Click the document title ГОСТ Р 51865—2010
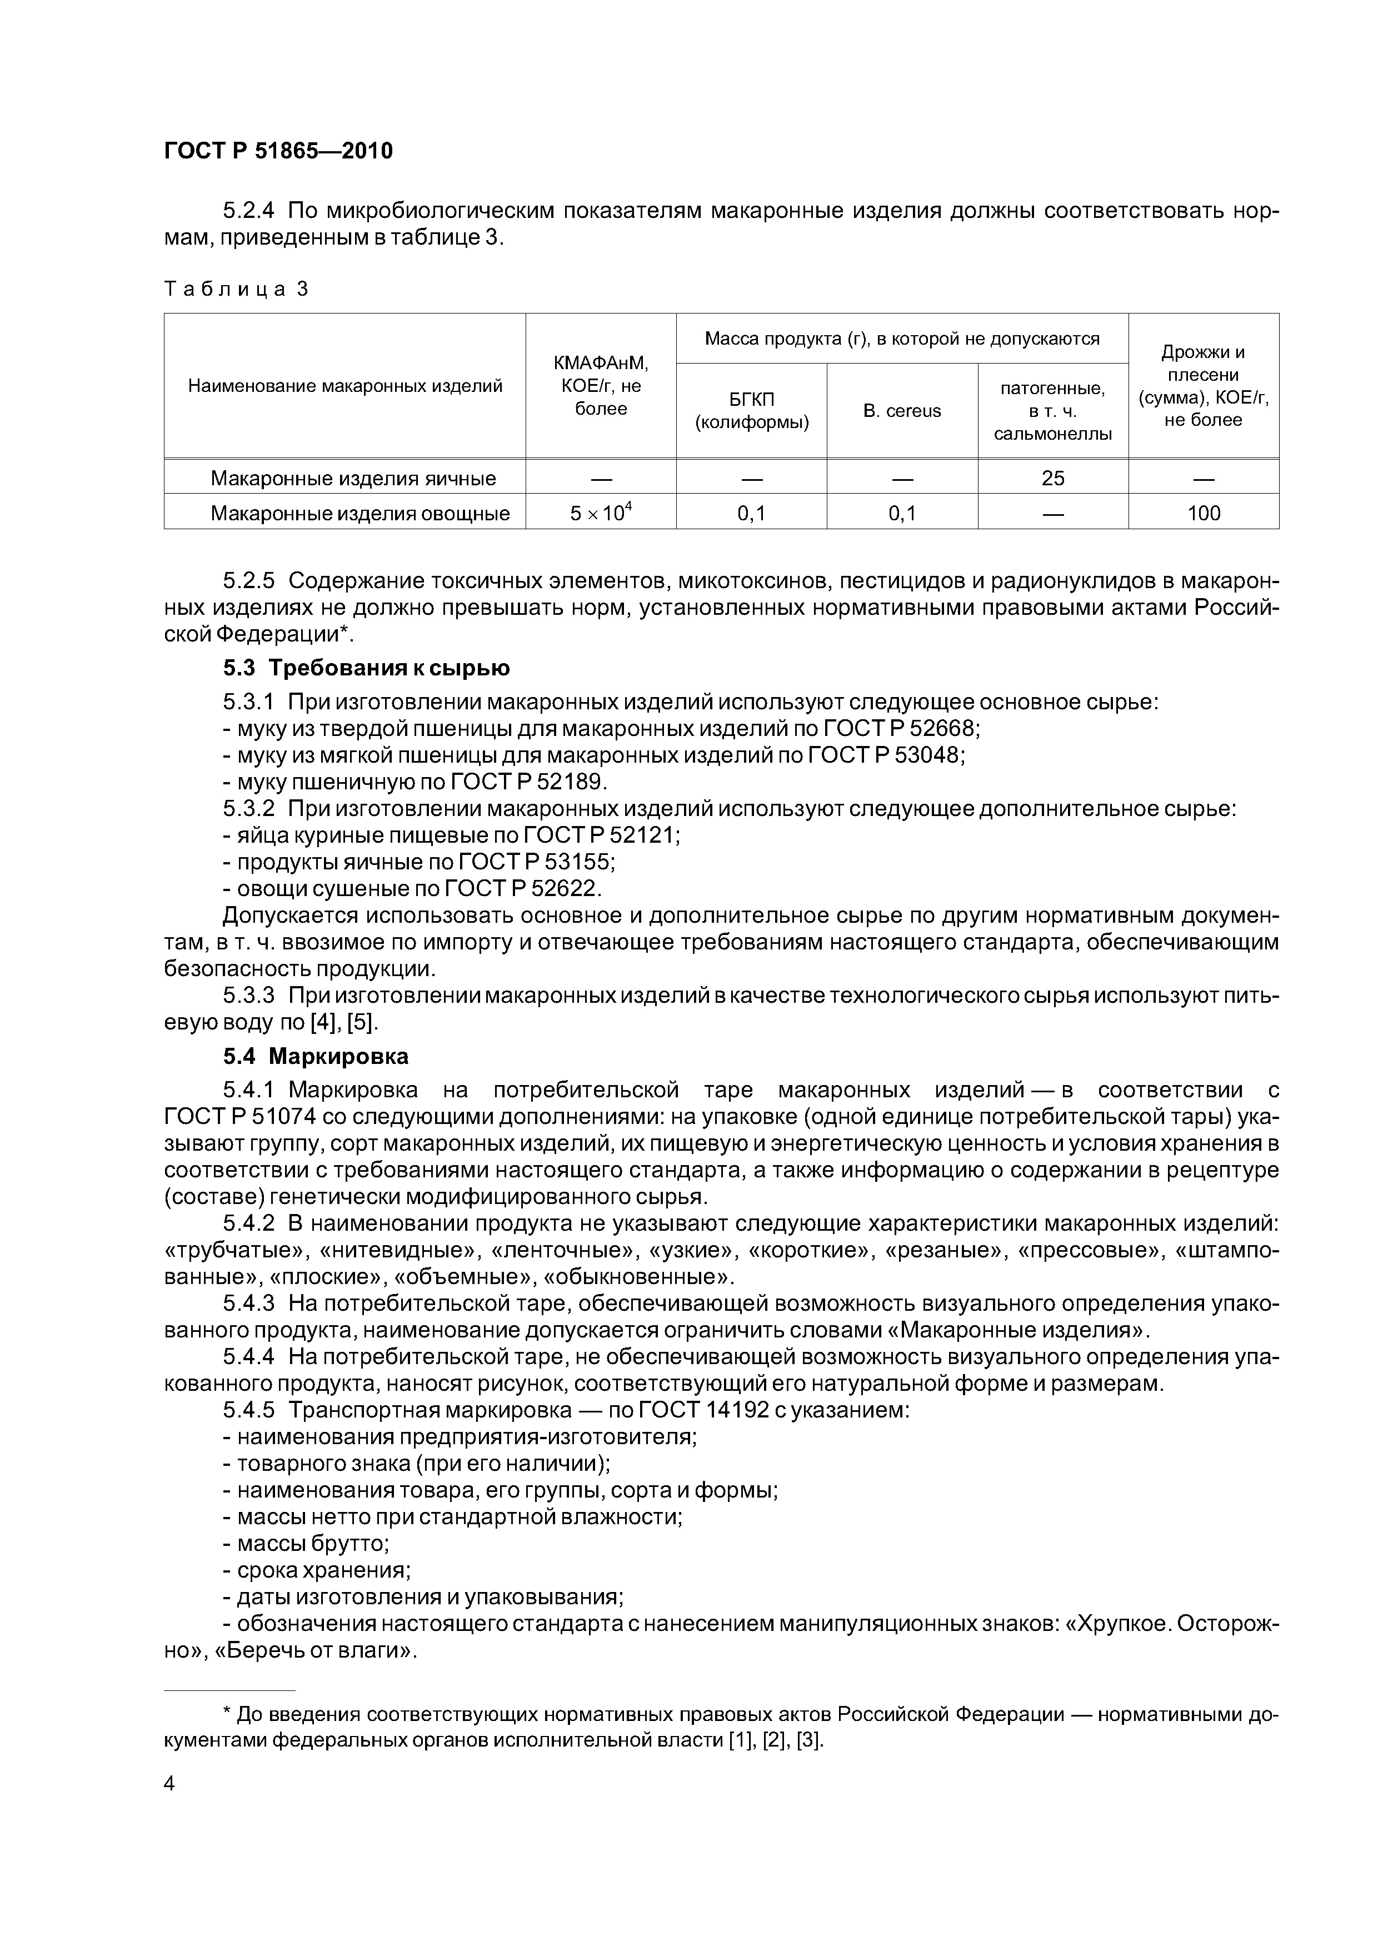click(278, 151)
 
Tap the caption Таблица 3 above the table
click(236, 290)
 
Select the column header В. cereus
click(902, 411)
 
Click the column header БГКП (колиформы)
click(751, 411)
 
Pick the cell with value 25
click(1053, 478)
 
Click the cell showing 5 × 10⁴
click(601, 513)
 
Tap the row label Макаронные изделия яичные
click(353, 478)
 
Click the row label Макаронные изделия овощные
click(360, 513)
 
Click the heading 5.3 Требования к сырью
click(367, 668)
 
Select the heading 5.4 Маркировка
click(316, 1057)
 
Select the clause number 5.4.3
click(249, 1304)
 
